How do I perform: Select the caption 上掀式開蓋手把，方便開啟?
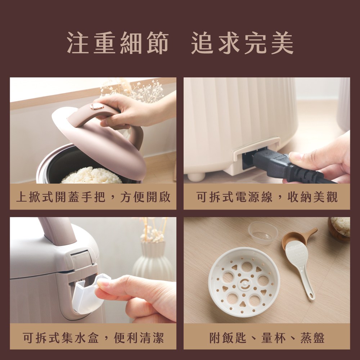pos(93,197)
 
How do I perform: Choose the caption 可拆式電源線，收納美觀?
pos(267,197)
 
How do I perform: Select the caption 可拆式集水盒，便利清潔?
pos(93,338)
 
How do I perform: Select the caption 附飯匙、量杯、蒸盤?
pos(267,338)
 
